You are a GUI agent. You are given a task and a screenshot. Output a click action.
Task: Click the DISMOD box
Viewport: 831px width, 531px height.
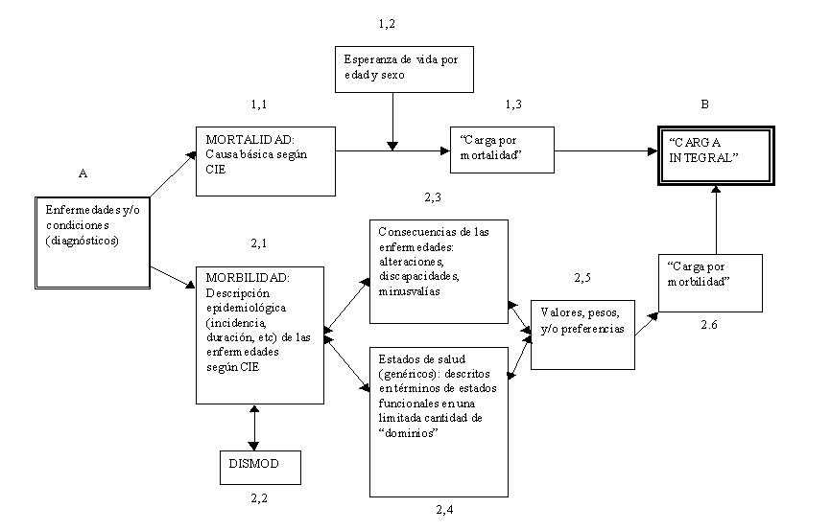pyautogui.click(x=260, y=467)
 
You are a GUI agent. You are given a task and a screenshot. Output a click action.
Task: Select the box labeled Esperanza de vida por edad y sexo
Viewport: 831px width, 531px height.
pyautogui.click(x=404, y=69)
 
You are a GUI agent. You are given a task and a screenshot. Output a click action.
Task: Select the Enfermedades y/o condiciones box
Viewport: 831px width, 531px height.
pyautogui.click(x=89, y=242)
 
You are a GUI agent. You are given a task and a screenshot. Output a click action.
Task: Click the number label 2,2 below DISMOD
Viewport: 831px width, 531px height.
pyautogui.click(x=260, y=499)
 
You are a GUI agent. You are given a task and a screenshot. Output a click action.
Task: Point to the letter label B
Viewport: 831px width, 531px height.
pyautogui.click(x=704, y=104)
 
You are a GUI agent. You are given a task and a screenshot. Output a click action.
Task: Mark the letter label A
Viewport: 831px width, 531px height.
pyautogui.click(x=83, y=174)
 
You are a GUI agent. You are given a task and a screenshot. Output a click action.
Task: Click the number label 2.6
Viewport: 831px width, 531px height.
pyautogui.click(x=710, y=326)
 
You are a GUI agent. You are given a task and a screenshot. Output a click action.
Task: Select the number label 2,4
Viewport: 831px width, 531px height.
pyautogui.click(x=444, y=509)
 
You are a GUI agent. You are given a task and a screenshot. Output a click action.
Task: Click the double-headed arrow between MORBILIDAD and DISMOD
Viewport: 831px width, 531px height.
pyautogui.click(x=253, y=427)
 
